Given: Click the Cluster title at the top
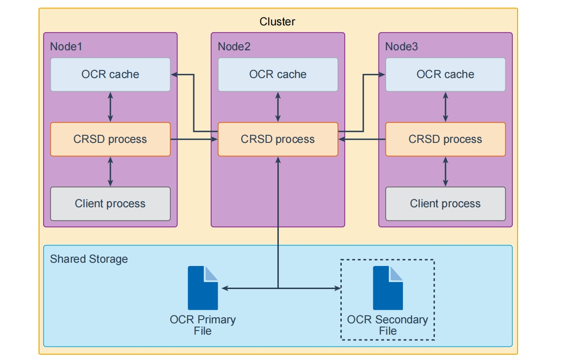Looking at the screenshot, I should coord(277,22).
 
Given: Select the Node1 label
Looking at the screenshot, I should coord(66,47).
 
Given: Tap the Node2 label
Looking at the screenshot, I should coord(234,47).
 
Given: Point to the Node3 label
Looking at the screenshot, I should coord(401,47).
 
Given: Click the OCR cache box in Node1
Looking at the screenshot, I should coord(110,74).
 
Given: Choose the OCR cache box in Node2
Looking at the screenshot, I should coord(277,74).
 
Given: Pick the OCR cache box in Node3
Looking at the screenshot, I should coord(445,74).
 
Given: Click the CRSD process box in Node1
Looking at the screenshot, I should coord(110,139).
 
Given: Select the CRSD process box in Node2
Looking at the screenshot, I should coord(277,139).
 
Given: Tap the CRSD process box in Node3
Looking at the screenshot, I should coord(445,139).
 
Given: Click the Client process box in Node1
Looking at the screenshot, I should coord(110,203).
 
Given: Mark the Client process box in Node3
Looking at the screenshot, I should coord(445,203).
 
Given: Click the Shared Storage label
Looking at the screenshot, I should coord(89,259).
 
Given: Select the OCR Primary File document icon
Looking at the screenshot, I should coord(203,288).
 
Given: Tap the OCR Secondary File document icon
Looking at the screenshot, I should coord(388,288).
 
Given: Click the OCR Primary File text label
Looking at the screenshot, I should coord(203,325).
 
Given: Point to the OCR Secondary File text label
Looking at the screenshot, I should coord(387,325).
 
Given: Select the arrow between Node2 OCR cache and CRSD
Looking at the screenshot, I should coord(278,107).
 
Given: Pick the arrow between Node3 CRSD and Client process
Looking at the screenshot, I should coord(445,172).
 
